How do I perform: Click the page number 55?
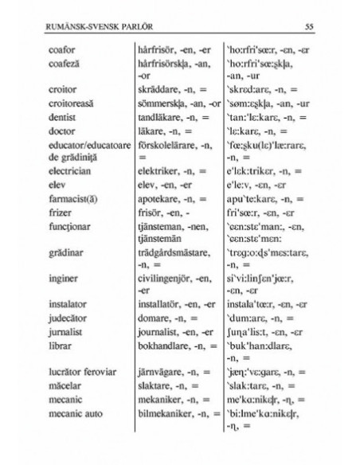[310, 29]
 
